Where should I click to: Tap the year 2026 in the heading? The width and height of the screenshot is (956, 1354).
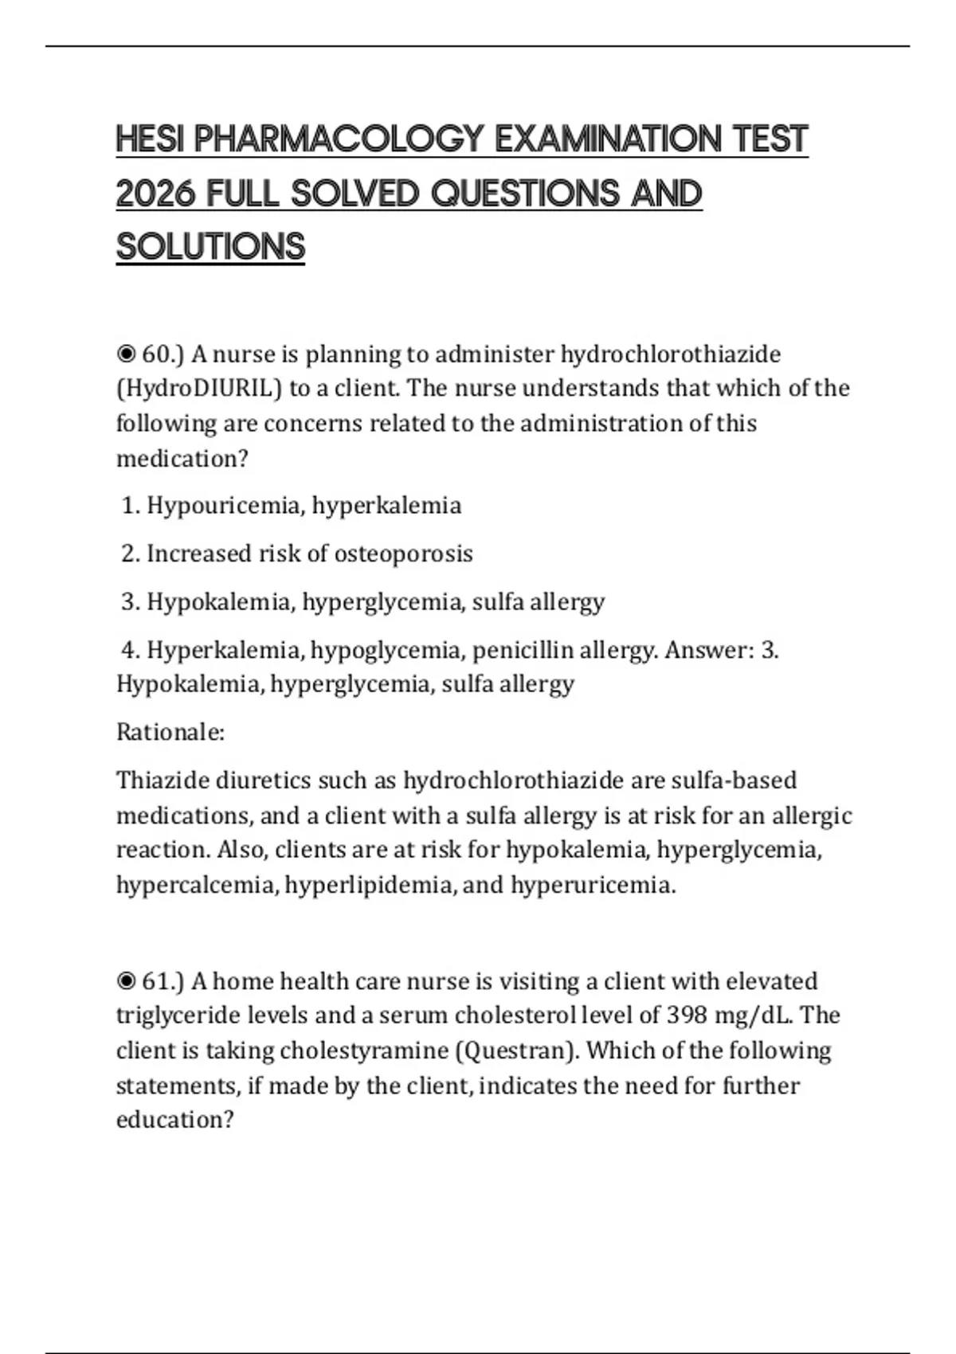pyautogui.click(x=156, y=194)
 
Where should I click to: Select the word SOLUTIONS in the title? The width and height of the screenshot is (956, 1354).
pyautogui.click(x=210, y=247)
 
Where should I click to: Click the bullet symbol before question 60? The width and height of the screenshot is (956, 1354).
pyautogui.click(x=126, y=354)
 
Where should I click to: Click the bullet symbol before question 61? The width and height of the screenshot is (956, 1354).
pyautogui.click(x=126, y=980)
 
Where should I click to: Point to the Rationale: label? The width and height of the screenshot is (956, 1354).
pyautogui.click(x=170, y=732)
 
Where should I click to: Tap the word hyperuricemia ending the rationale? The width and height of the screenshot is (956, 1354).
pyautogui.click(x=593, y=885)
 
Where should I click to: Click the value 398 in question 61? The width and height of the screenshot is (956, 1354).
pyautogui.click(x=688, y=1015)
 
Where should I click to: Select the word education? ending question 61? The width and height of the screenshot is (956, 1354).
pyautogui.click(x=175, y=1120)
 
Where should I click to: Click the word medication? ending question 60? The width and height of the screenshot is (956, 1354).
pyautogui.click(x=182, y=459)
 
